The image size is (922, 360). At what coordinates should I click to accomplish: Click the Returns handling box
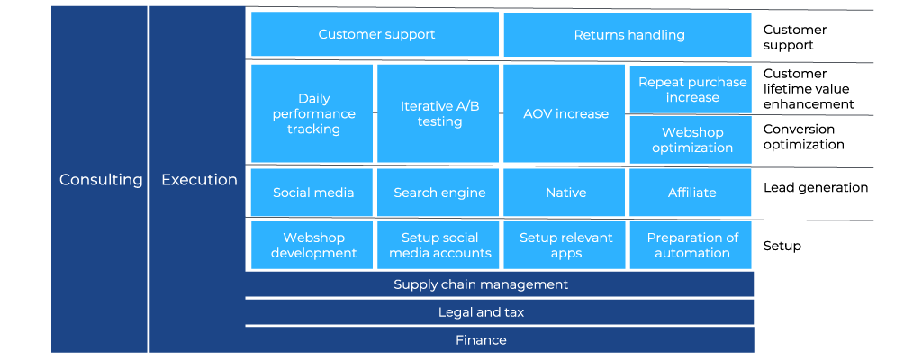tap(628, 35)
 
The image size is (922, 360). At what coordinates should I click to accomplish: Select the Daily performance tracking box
tap(312, 113)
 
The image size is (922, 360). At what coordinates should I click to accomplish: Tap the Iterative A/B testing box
tap(438, 113)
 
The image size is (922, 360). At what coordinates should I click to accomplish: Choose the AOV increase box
tap(565, 113)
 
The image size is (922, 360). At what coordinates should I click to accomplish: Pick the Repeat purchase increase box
tap(691, 89)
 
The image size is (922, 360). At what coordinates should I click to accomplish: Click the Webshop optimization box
tap(691, 140)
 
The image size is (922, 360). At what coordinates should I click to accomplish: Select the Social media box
tap(312, 193)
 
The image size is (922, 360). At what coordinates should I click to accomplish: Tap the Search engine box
tap(438, 193)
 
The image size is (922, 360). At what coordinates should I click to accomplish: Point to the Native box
tap(565, 193)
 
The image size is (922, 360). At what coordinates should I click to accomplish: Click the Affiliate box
tap(691, 193)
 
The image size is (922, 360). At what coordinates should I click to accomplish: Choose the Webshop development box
tap(312, 246)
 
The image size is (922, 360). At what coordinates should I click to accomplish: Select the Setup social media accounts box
tap(438, 246)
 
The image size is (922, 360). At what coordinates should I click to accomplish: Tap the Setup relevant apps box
tap(565, 246)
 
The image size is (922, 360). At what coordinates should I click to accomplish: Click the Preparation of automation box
tap(691, 246)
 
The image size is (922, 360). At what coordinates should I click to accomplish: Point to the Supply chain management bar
tap(499, 284)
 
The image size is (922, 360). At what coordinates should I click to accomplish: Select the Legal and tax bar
tap(499, 312)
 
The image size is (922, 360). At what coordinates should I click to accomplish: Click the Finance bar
tap(499, 340)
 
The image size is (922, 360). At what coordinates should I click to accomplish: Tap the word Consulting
tap(101, 180)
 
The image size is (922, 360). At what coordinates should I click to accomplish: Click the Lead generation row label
tap(816, 187)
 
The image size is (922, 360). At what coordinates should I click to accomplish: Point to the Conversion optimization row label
tap(803, 137)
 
